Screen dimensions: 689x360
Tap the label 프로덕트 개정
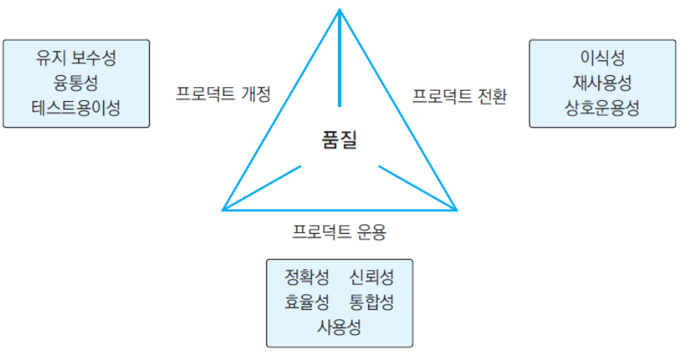click(x=224, y=94)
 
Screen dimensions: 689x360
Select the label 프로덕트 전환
click(x=459, y=97)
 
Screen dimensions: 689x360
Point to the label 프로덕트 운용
click(x=339, y=232)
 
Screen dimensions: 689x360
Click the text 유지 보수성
click(x=76, y=58)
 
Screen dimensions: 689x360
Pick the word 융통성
click(x=76, y=83)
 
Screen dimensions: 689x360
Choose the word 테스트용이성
click(x=76, y=108)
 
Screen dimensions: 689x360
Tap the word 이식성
click(x=602, y=58)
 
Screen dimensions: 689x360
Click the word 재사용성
click(x=602, y=83)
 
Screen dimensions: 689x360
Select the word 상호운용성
click(x=602, y=108)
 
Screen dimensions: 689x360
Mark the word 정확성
click(x=307, y=277)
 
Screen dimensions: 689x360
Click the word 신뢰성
click(x=372, y=277)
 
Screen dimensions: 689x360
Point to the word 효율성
click(x=307, y=302)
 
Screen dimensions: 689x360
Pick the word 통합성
click(x=372, y=302)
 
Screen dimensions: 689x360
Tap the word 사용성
click(x=339, y=326)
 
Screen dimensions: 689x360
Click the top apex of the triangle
click(x=339, y=10)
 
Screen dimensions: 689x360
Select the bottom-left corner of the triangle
click(x=224, y=210)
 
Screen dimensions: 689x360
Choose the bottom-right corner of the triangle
click(x=457, y=210)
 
